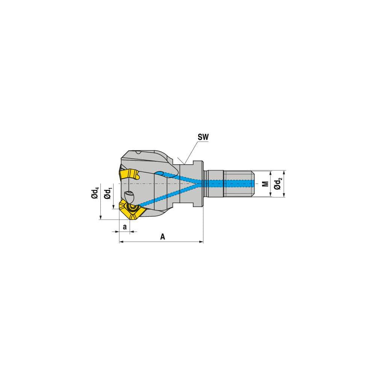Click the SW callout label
[203, 138]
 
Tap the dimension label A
[162, 237]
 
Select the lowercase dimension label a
[124, 227]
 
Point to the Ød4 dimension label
[96, 193]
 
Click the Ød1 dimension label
[108, 193]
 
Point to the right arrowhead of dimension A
[201, 242]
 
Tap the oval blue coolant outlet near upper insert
[159, 173]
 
